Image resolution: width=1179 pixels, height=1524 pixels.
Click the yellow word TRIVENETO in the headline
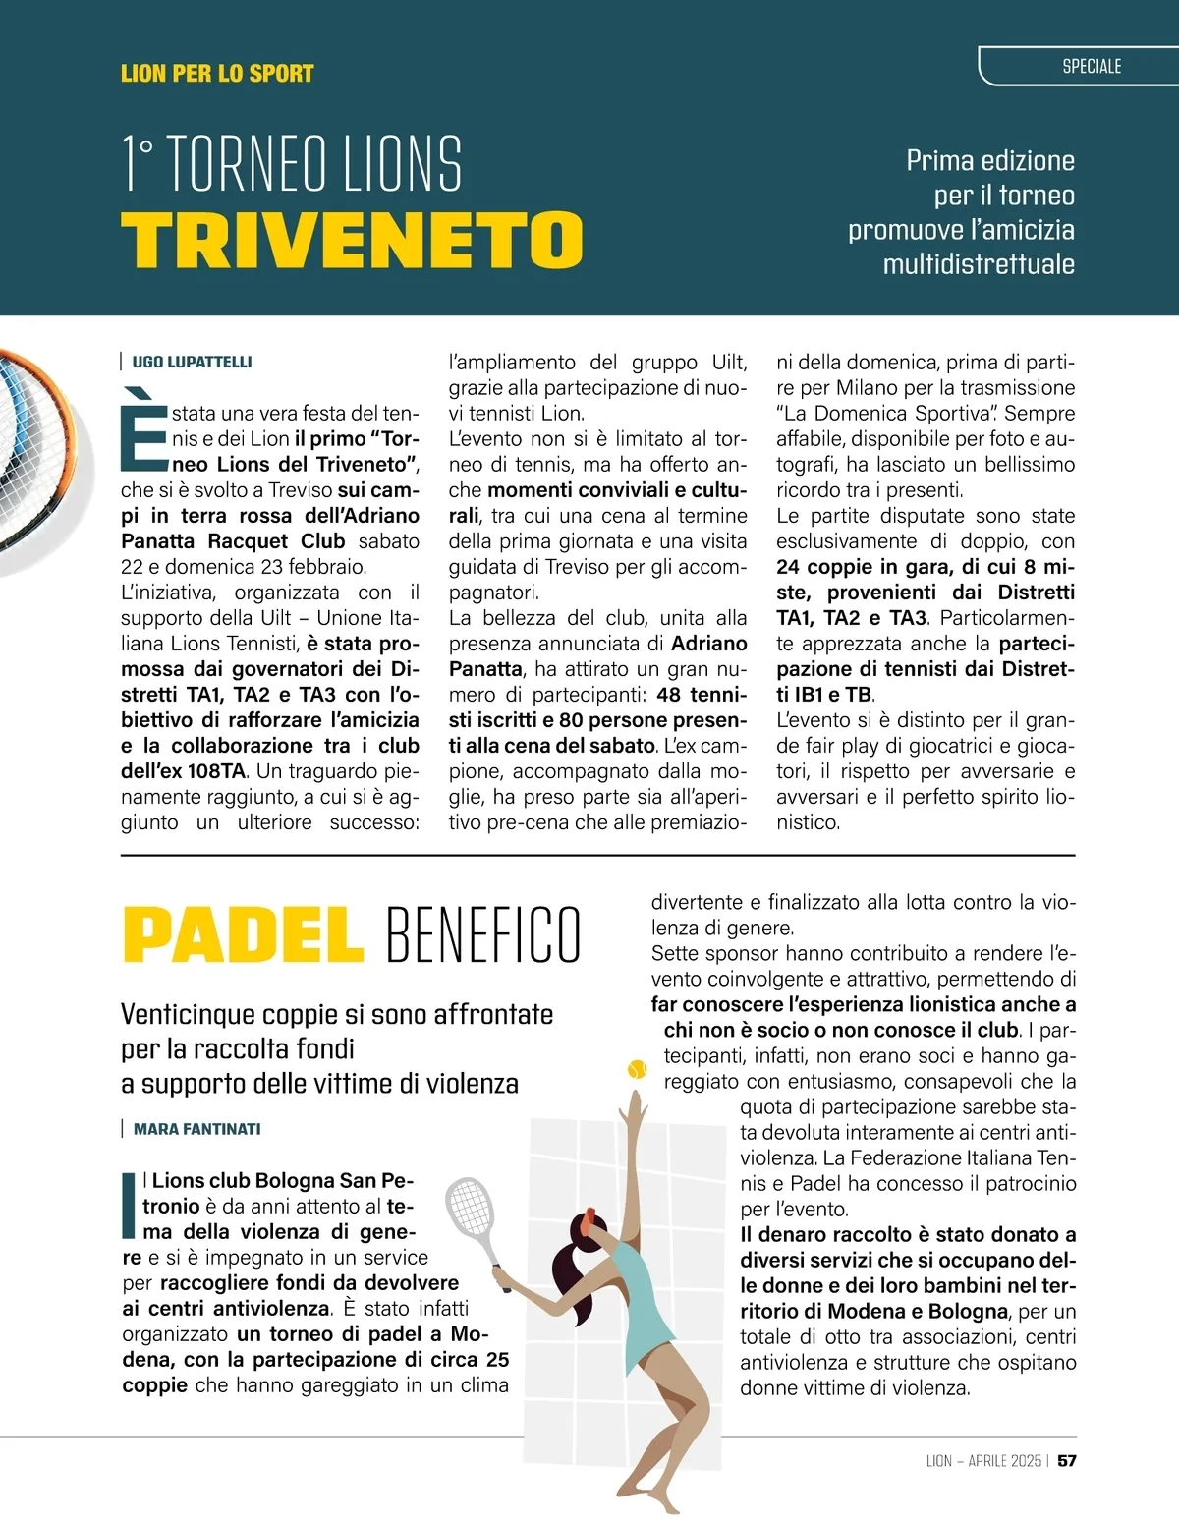352,239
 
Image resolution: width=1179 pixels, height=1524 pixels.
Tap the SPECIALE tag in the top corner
1092,67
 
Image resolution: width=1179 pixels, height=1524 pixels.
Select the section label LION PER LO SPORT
217,74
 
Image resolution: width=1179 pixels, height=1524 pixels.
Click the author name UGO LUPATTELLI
192,362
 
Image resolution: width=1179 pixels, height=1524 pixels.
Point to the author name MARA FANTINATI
196,1129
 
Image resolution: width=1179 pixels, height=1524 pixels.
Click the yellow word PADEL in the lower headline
242,934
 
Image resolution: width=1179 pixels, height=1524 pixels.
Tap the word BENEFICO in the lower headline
483,934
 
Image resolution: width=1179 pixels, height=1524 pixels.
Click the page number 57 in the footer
1066,1460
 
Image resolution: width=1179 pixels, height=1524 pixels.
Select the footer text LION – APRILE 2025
982,1460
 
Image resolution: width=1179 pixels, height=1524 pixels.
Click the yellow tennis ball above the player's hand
637,1068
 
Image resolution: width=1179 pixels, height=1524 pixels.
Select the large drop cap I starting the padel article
128,1204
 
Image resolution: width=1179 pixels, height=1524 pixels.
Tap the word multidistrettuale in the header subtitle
978,264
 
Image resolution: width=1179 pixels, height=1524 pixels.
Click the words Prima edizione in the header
989,161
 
